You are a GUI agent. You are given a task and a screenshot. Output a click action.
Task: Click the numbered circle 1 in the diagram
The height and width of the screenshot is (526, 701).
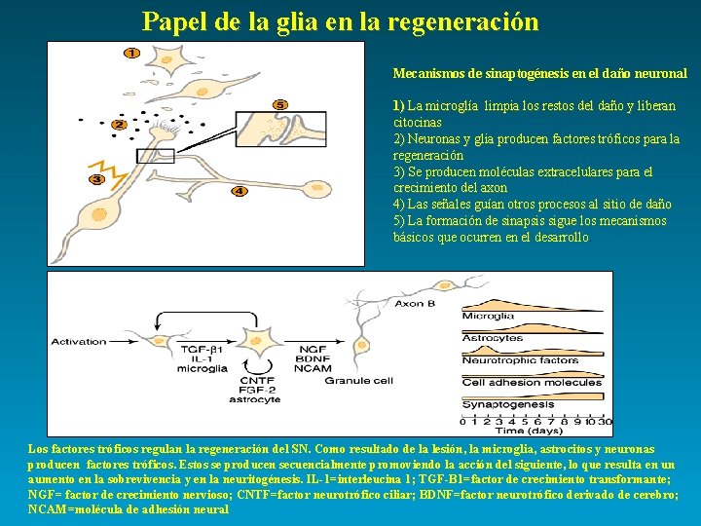[x=131, y=53]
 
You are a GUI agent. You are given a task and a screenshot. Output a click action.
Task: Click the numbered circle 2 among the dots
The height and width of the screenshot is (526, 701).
[x=119, y=125]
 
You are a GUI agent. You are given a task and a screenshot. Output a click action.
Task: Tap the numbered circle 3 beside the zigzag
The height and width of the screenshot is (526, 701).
[x=96, y=179]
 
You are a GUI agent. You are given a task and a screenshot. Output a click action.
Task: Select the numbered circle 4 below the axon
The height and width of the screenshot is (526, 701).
[x=239, y=191]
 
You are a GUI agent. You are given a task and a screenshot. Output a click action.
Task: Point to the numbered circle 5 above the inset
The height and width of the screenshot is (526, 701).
[x=280, y=104]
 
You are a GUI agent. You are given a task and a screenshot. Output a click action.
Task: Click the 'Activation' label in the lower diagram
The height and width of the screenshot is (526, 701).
[x=79, y=342]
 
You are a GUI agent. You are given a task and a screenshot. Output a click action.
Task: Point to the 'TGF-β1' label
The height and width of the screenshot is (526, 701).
[x=203, y=348]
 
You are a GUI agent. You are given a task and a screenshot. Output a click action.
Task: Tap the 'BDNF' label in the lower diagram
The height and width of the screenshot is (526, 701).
[x=313, y=357]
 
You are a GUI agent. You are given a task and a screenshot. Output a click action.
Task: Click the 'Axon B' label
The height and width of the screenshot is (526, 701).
[x=415, y=303]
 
